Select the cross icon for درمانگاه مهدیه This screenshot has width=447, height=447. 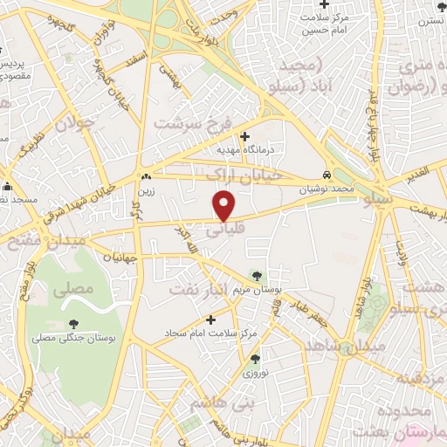pyautogui.click(x=244, y=136)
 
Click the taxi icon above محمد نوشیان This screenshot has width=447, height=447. pyautogui.click(x=326, y=175)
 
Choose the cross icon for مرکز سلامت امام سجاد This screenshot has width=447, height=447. pyautogui.click(x=210, y=320)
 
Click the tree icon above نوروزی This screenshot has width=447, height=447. pyautogui.click(x=255, y=358)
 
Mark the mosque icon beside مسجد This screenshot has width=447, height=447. pyautogui.click(x=8, y=186)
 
